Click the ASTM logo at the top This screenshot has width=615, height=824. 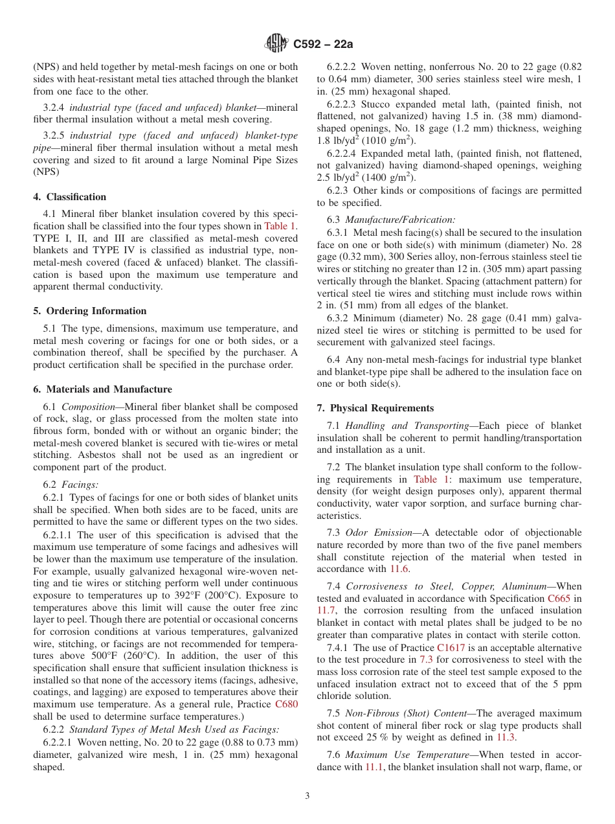coord(277,44)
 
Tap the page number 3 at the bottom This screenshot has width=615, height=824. coord(307,796)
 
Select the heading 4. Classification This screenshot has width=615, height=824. coord(70,197)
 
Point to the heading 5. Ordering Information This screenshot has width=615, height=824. coord(90,311)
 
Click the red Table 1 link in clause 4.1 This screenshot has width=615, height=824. coord(280,227)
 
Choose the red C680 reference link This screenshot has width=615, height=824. coord(286,704)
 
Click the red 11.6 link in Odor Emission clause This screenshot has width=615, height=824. coord(399,569)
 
